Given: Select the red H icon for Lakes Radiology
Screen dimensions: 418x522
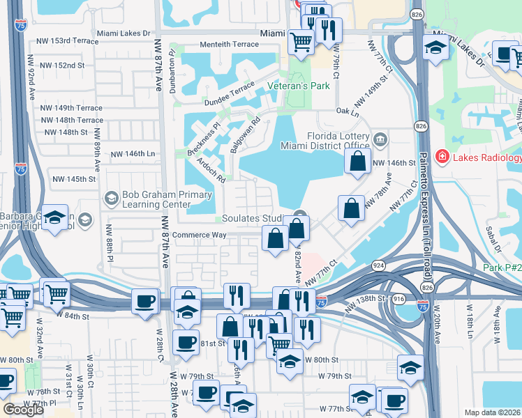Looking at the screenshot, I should [442, 157].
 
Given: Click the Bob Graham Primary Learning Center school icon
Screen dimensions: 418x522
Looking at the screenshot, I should [111, 199].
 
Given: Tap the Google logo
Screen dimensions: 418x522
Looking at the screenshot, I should [23, 410].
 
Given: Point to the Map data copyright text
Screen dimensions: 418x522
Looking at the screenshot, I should [492, 412].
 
